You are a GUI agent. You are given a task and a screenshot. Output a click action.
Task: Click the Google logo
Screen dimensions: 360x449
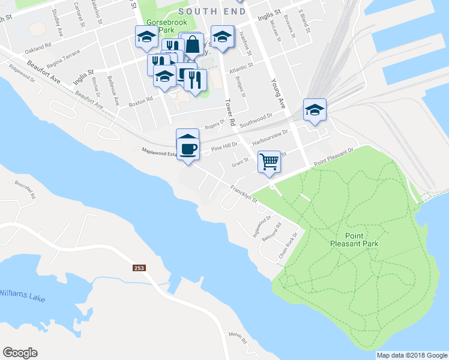(x=20, y=353)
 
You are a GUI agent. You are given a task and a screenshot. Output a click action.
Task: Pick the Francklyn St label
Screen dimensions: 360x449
(x=243, y=193)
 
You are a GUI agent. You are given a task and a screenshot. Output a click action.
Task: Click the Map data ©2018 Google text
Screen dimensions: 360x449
(x=412, y=355)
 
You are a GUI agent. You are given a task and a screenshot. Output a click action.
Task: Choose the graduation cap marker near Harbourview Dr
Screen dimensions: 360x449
(x=315, y=110)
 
